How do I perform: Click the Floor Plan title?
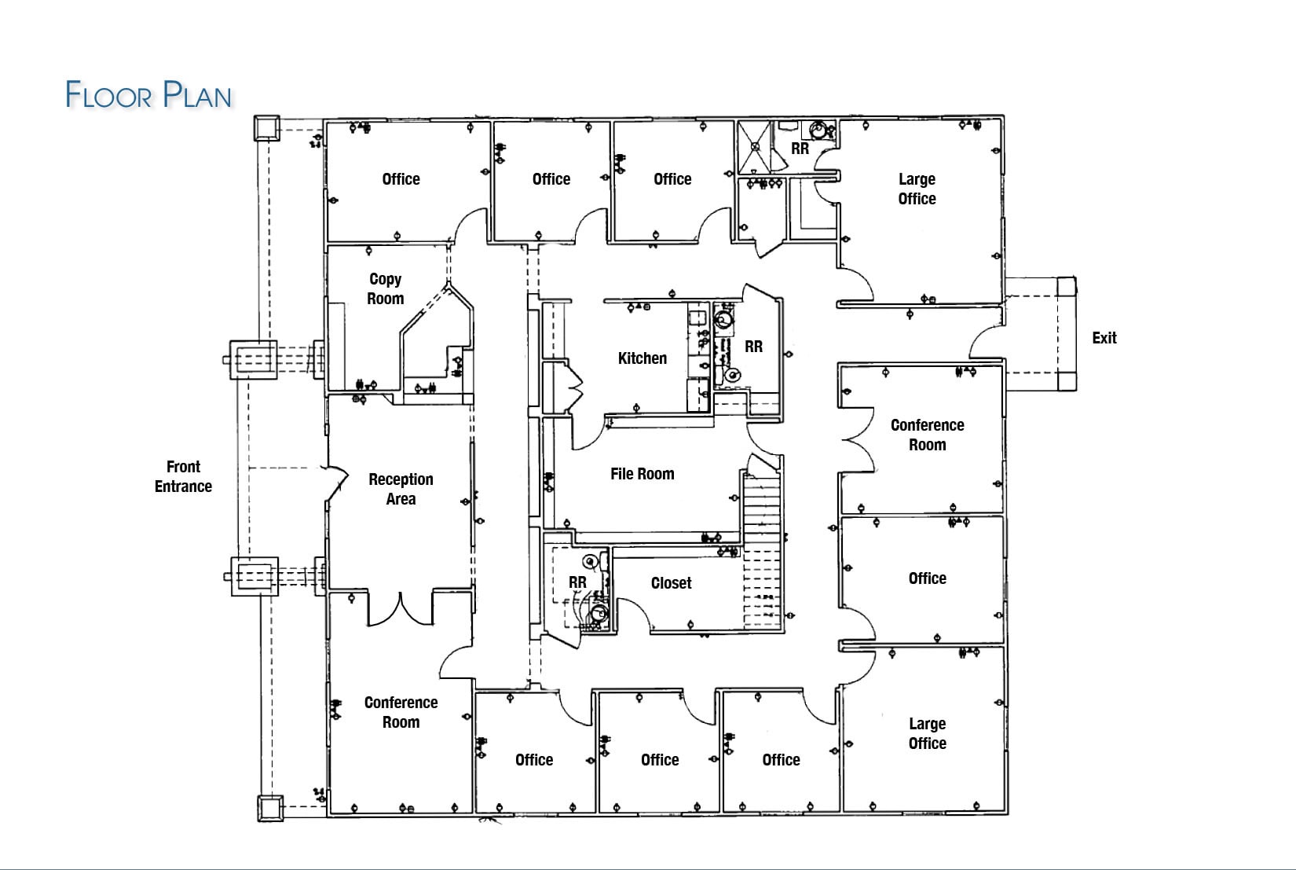(x=148, y=95)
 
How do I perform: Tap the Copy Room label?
(x=385, y=288)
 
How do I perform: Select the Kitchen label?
(x=642, y=358)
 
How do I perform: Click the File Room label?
(x=642, y=474)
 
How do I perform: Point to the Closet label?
(x=671, y=583)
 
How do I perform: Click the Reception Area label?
(x=401, y=489)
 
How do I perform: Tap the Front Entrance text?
(x=183, y=476)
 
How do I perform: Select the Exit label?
(x=1104, y=338)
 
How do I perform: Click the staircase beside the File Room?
(x=762, y=542)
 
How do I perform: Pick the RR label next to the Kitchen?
(x=753, y=347)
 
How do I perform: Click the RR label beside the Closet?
(x=577, y=582)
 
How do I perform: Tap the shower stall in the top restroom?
(x=754, y=146)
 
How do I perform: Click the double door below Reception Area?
(x=401, y=608)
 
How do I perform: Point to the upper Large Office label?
(x=917, y=189)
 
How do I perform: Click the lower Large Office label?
(x=927, y=733)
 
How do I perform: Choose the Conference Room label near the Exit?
(x=927, y=435)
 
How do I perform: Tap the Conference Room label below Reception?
(x=401, y=712)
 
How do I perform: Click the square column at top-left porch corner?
(x=266, y=128)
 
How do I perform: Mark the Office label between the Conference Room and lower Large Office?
(x=927, y=578)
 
